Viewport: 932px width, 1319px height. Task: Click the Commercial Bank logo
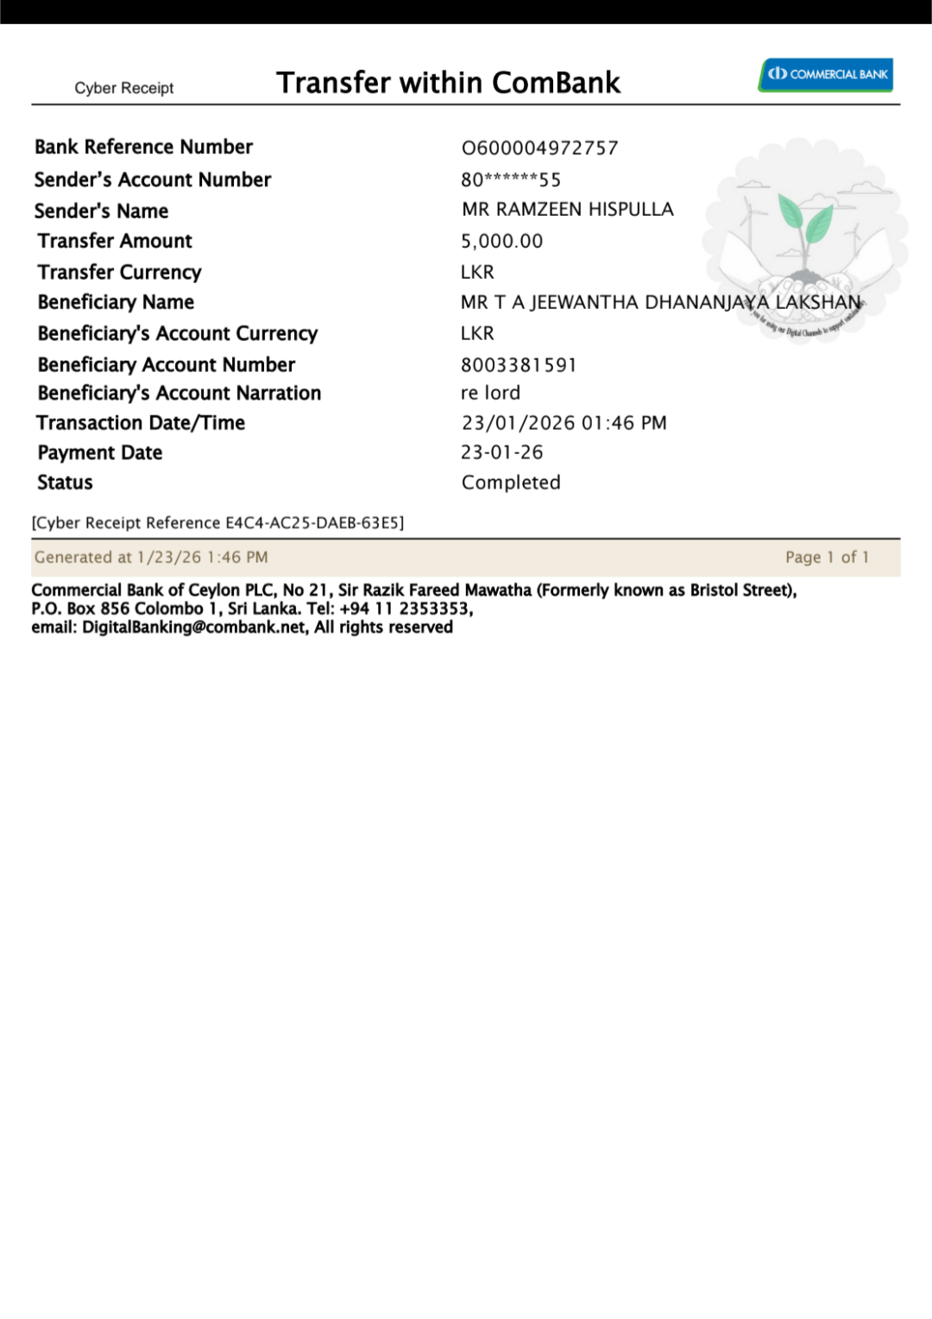tap(826, 74)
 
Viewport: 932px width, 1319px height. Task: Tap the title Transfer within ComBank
tap(448, 83)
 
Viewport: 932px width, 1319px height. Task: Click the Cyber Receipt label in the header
tap(124, 88)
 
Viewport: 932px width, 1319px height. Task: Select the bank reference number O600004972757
tap(540, 148)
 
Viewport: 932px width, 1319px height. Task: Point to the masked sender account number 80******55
tap(511, 180)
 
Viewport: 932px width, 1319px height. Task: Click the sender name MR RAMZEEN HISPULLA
tap(568, 210)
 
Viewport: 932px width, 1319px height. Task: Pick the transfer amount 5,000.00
tap(502, 241)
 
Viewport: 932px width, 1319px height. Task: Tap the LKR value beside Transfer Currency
tap(477, 272)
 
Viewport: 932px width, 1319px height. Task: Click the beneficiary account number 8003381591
tap(519, 365)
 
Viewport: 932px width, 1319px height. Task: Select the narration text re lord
tap(490, 394)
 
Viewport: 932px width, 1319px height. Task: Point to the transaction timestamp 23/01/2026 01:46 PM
tap(564, 423)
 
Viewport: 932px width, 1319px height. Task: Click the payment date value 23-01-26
tap(502, 452)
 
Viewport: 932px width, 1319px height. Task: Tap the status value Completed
tap(511, 483)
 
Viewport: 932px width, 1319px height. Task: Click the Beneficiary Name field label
tap(116, 302)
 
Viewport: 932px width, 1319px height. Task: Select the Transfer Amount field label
tap(115, 241)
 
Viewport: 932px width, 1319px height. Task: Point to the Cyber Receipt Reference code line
tap(217, 523)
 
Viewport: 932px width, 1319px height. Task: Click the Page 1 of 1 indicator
tap(827, 558)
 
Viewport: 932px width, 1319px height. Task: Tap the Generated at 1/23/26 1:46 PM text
tap(151, 558)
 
